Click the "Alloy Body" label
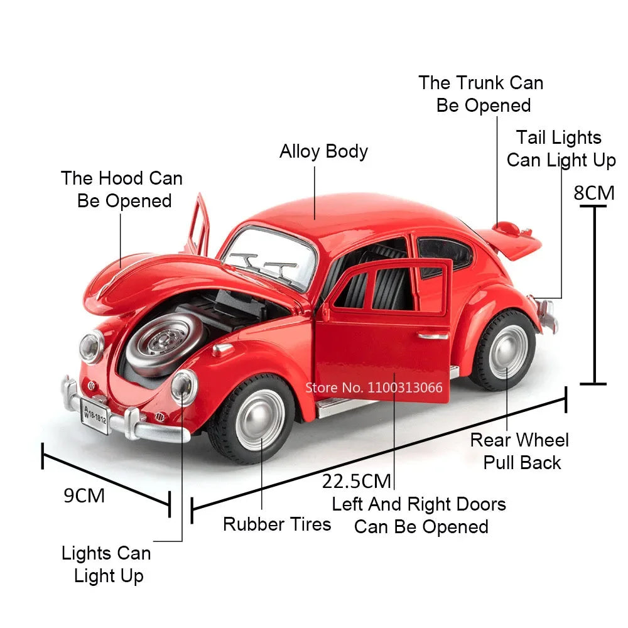point(323,151)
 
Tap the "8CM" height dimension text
point(593,192)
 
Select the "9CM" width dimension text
point(84,495)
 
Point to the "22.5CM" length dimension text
point(357,481)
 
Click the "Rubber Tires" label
point(277,524)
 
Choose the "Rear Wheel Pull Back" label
point(519,451)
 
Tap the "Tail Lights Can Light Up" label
point(561,149)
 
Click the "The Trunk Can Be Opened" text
point(482,94)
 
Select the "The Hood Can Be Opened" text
point(122,189)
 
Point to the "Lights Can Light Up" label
point(107,564)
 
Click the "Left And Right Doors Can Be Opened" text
point(419,515)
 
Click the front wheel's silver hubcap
point(260,419)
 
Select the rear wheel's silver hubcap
point(508,352)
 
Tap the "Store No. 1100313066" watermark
point(374,387)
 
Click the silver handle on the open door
point(434,335)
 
